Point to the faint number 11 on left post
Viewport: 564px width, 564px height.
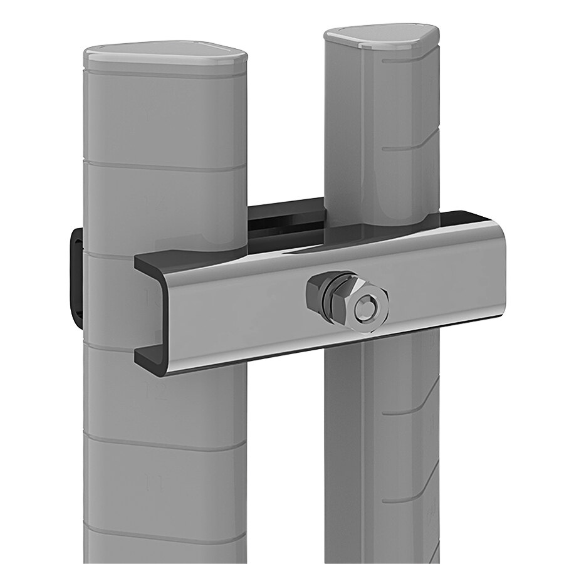(155, 482)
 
